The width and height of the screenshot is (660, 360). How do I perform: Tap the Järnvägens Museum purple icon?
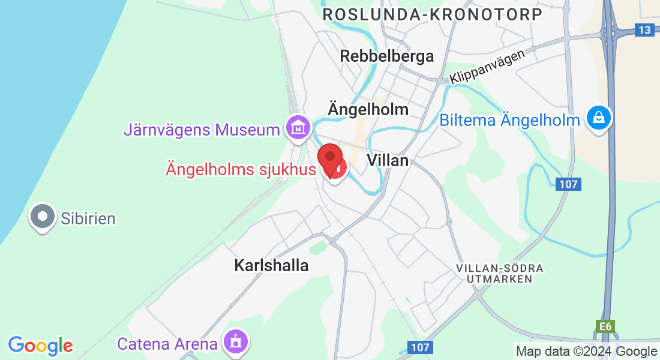[298, 128]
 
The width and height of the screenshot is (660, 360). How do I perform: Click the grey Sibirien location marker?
[43, 217]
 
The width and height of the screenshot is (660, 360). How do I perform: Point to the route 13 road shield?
[644, 30]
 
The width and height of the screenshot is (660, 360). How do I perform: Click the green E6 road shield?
[605, 326]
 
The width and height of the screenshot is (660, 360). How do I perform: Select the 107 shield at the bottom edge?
[421, 347]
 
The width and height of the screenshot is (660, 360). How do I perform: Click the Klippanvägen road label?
[487, 66]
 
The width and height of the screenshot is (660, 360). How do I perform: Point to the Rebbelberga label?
[386, 56]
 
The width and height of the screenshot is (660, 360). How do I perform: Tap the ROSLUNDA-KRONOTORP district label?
[433, 14]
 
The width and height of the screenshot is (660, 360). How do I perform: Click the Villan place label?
[388, 160]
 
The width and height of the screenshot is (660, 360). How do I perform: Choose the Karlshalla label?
[271, 265]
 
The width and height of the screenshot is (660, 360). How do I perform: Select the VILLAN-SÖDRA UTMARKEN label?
[499, 273]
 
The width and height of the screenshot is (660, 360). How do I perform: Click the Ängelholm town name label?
[368, 109]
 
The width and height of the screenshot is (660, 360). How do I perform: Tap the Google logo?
[40, 346]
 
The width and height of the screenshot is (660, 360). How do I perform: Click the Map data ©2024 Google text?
[586, 351]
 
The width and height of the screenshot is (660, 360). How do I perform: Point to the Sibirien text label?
[88, 217]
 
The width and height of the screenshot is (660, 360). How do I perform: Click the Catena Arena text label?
[167, 344]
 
